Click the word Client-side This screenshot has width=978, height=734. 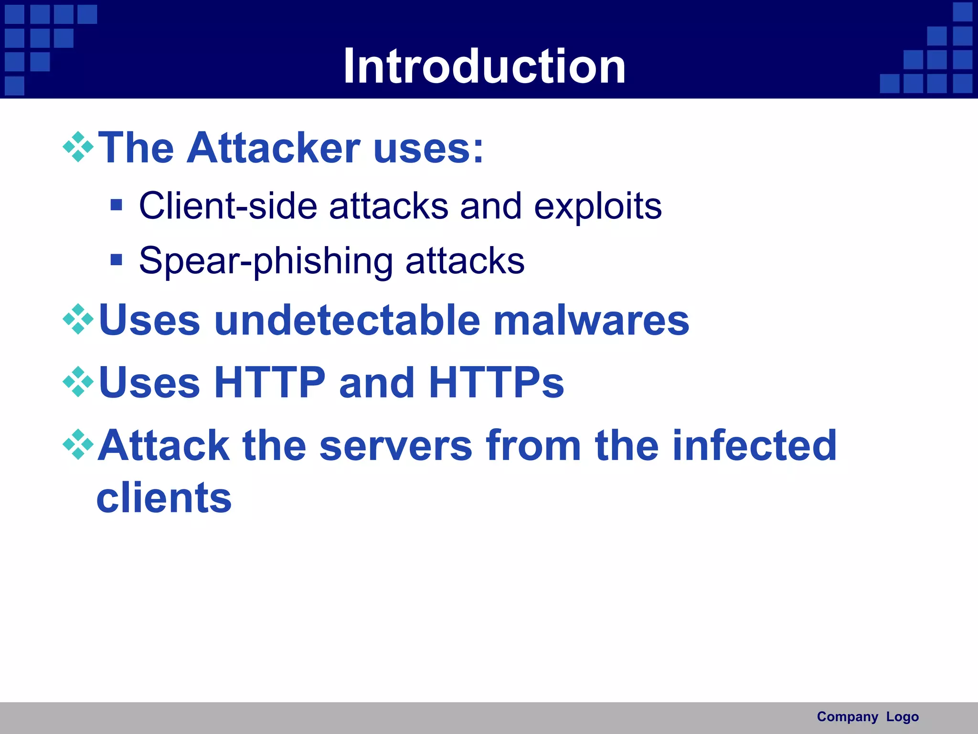(x=228, y=206)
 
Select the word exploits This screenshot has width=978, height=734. (x=597, y=207)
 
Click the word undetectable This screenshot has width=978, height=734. (x=347, y=320)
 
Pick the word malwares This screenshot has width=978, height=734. (x=591, y=320)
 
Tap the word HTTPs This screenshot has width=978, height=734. (x=496, y=382)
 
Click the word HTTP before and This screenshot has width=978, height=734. (x=270, y=382)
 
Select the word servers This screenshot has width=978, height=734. (x=396, y=445)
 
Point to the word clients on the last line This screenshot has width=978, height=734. (x=164, y=498)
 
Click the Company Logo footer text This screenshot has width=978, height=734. (x=867, y=717)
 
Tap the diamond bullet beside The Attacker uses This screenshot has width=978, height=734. (x=78, y=147)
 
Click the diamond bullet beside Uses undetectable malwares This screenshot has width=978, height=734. (x=78, y=319)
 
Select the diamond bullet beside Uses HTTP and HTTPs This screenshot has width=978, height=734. (x=78, y=382)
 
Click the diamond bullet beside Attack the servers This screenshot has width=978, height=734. (x=78, y=445)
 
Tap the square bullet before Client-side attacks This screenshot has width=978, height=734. (x=116, y=205)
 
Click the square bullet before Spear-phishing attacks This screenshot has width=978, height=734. (x=116, y=260)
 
